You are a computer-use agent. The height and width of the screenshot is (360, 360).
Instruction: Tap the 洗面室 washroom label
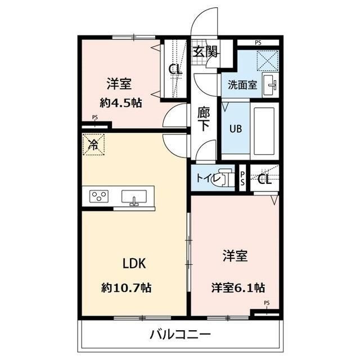coord(242,85)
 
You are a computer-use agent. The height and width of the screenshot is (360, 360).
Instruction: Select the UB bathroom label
coord(235,127)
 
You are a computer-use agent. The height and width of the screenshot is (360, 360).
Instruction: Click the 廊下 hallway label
coord(204,119)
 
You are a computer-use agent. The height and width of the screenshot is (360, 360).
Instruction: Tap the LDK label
coord(134,263)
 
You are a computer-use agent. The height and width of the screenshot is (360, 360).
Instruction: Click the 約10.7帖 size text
coord(127,287)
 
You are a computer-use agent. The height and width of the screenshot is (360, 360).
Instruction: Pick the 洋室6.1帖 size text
coord(238,287)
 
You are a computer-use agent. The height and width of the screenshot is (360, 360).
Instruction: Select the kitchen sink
coord(134,197)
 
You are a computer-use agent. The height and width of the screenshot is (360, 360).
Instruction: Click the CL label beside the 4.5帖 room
coord(175,70)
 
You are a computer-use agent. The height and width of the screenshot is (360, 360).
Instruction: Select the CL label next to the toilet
coord(264,179)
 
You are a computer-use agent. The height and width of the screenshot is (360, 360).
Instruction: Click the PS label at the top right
coord(258,43)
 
